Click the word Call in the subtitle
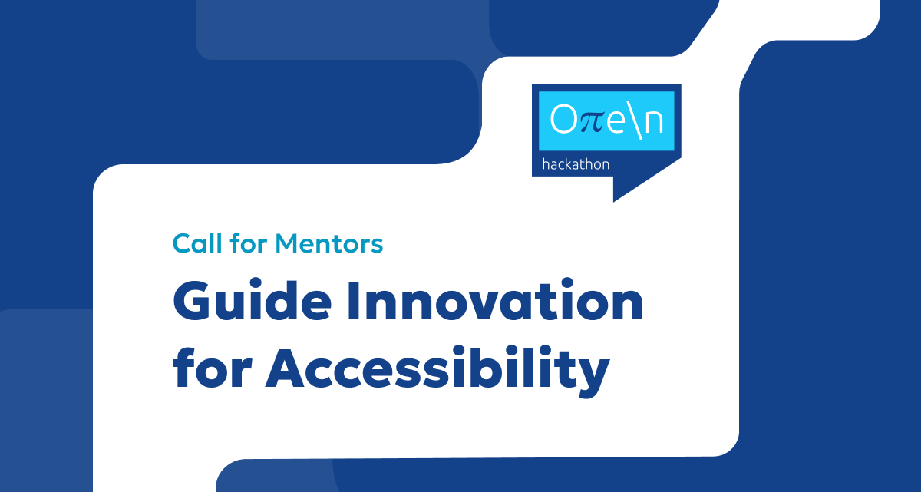click(x=197, y=243)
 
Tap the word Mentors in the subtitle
click(x=329, y=243)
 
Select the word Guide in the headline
click(x=252, y=300)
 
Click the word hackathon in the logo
click(x=576, y=164)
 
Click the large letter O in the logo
click(x=563, y=119)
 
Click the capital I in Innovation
click(x=353, y=301)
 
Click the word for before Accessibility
click(x=212, y=368)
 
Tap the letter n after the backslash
click(x=654, y=121)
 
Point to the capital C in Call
click(x=182, y=243)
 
